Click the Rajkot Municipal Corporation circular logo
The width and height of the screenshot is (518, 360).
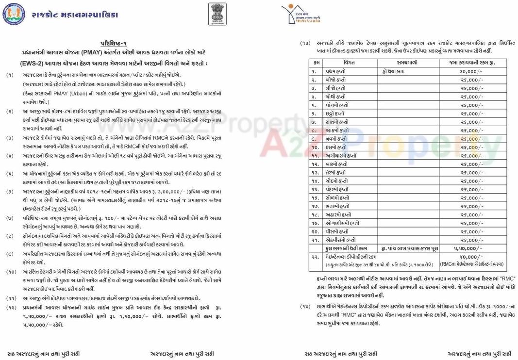pyautogui.click(x=13, y=15)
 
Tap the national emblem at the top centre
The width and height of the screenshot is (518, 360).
pyautogui.click(x=214, y=14)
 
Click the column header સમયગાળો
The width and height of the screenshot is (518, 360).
pyautogui.click(x=407, y=63)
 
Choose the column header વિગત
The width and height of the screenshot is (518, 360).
pyautogui.click(x=349, y=63)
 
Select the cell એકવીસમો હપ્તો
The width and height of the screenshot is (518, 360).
pyautogui.click(x=342, y=240)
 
